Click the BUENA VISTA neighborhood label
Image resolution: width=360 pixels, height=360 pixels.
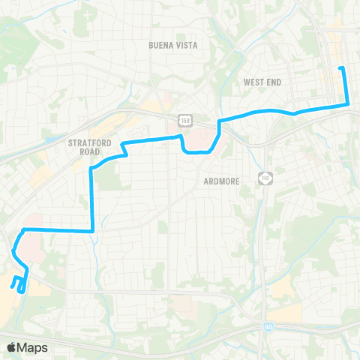click(172, 46)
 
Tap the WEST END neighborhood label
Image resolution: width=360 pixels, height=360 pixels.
click(262, 82)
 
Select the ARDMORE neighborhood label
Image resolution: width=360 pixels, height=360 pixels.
click(222, 181)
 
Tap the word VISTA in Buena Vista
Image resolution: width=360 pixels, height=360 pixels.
click(186, 46)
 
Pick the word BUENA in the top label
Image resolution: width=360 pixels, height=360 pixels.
click(160, 46)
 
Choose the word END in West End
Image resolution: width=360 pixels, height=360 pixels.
click(274, 82)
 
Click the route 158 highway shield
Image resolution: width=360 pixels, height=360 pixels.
click(183, 120)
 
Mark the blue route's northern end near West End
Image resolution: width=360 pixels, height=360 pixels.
click(341, 68)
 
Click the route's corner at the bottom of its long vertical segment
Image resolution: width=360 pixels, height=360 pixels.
click(91, 231)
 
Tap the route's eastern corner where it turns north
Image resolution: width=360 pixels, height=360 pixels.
click(348, 104)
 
